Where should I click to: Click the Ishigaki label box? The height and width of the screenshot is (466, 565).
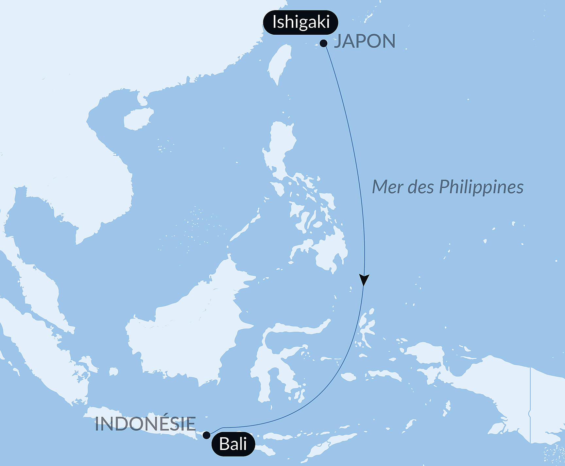coord(300,22)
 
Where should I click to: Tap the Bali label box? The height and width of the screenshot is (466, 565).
coord(233,444)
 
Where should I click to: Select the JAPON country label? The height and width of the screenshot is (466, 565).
coord(365,42)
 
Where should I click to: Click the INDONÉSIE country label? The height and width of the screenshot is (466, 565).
coord(145,424)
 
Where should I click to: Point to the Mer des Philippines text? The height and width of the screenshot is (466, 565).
coord(448,187)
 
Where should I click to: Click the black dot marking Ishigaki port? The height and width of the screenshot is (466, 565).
coord(324,43)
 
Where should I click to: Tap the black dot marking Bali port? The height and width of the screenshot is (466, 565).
coord(207,435)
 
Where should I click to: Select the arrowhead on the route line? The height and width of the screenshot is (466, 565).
coord(364,280)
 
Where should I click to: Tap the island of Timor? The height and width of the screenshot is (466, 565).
coord(330,445)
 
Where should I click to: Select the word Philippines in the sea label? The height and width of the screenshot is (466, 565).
coord(481,187)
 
